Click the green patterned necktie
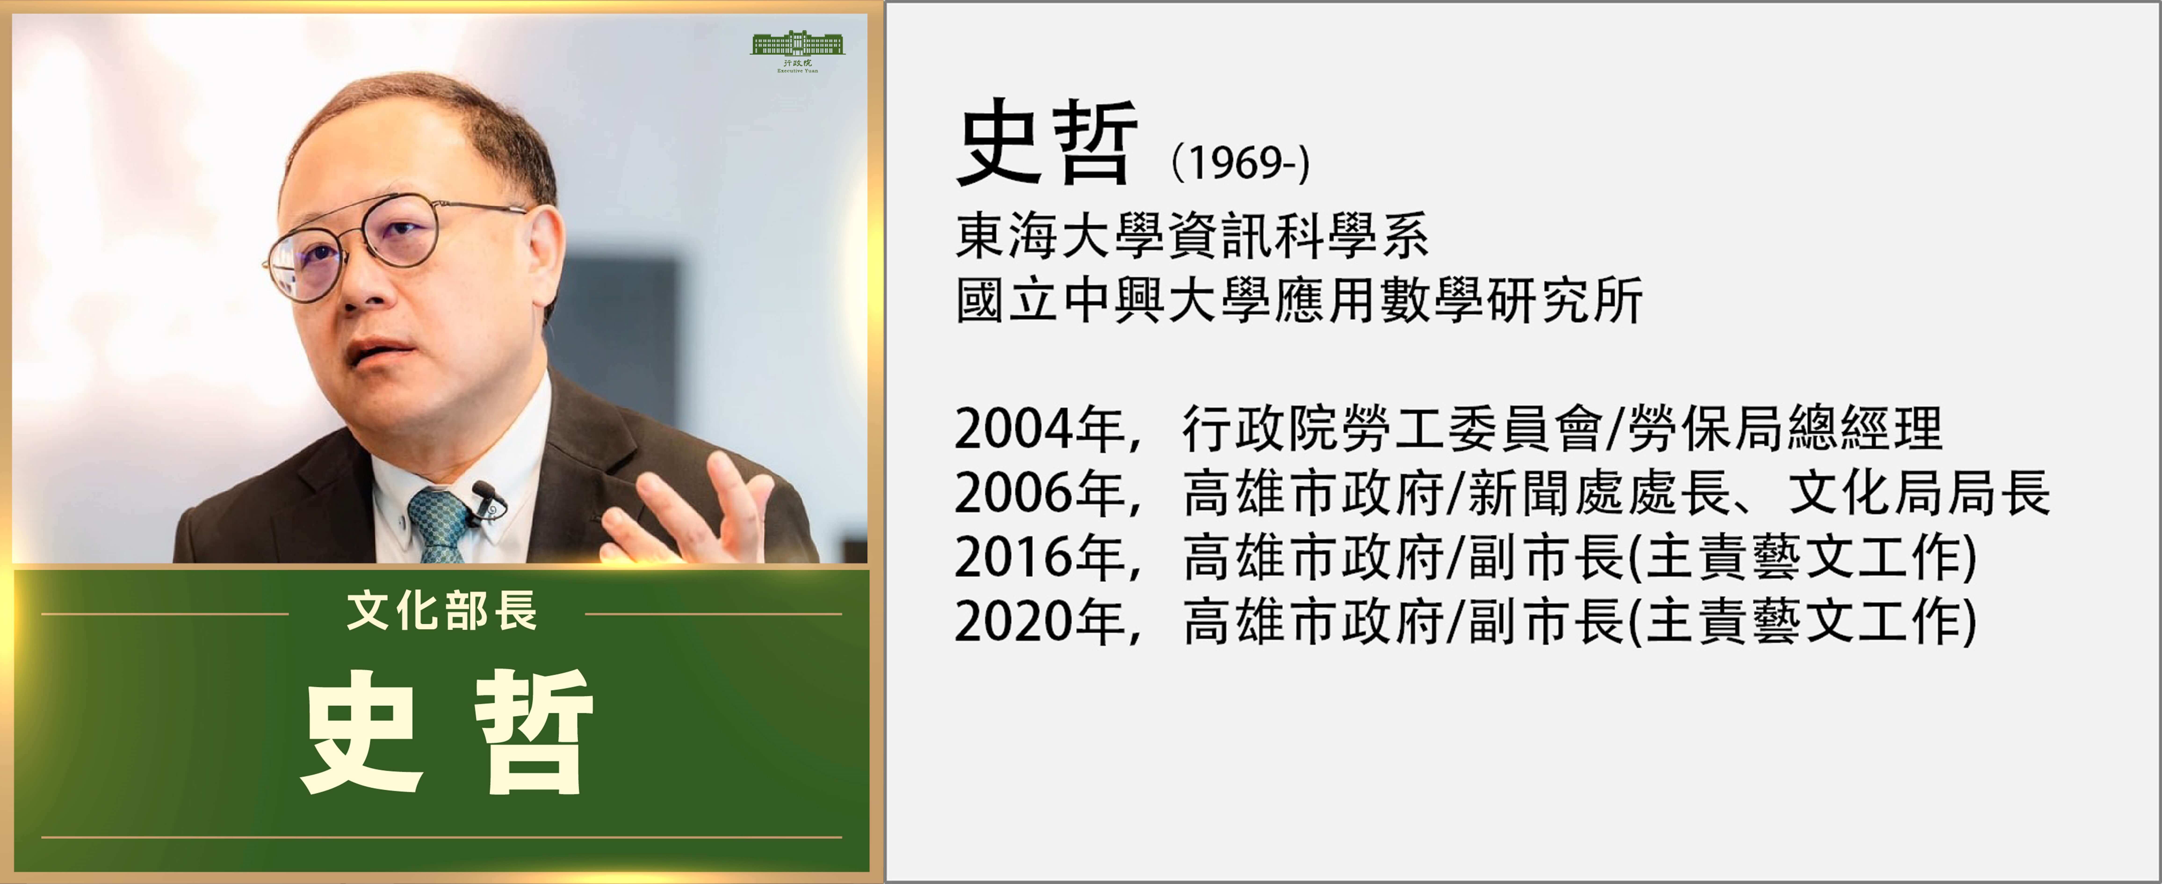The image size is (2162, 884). [x=438, y=525]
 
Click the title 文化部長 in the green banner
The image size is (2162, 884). [x=441, y=611]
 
